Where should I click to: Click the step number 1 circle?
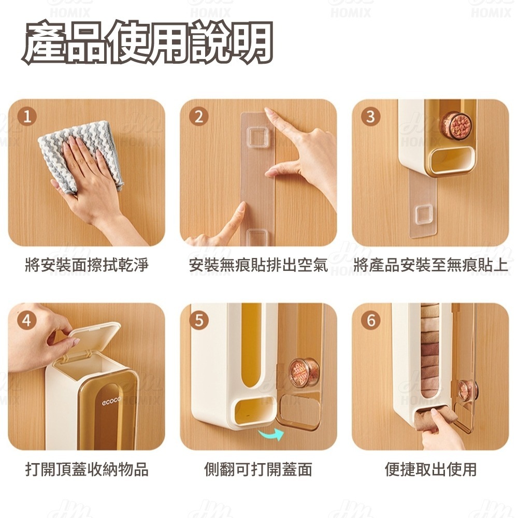click(27, 116)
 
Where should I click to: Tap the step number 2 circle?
click(198, 116)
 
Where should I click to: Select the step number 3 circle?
click(370, 116)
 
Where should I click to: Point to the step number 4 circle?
click(27, 320)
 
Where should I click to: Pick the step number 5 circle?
click(199, 320)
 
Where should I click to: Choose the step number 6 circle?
click(371, 320)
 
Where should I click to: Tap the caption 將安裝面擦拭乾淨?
click(87, 265)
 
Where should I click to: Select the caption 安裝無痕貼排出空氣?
click(258, 265)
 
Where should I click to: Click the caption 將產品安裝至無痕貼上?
click(430, 265)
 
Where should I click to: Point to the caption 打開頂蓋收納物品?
click(87, 469)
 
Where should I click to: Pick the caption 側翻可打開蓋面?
click(258, 469)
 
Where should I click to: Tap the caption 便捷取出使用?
click(430, 469)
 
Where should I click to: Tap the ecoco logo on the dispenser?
click(111, 401)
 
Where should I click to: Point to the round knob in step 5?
click(304, 372)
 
